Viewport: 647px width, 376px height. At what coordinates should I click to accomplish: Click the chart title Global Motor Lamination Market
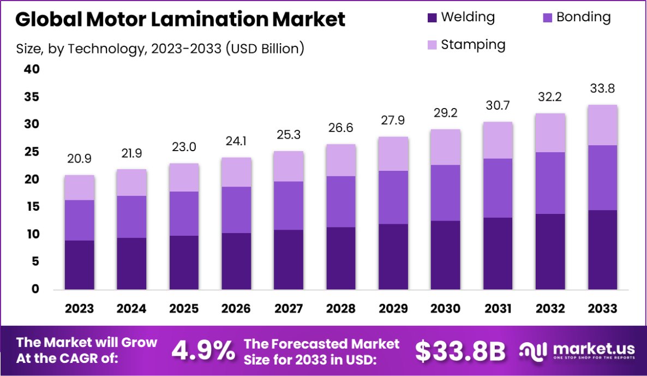pyautogui.click(x=180, y=20)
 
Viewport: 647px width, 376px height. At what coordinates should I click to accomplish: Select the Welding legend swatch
pyautogui.click(x=433, y=18)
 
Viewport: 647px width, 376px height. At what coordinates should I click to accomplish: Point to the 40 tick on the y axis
pyautogui.click(x=32, y=69)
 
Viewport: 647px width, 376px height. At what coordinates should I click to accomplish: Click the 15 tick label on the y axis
pyautogui.click(x=32, y=207)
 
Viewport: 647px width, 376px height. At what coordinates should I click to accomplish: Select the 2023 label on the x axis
pyautogui.click(x=79, y=309)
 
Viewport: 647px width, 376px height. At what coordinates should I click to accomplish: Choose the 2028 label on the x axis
pyautogui.click(x=340, y=309)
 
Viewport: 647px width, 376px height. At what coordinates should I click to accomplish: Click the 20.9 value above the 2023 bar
pyautogui.click(x=79, y=159)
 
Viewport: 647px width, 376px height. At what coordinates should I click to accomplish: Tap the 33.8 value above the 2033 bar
pyautogui.click(x=602, y=88)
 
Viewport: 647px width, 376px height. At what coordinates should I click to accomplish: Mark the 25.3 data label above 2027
pyautogui.click(x=288, y=135)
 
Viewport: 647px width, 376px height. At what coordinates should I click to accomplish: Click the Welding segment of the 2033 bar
pyautogui.click(x=602, y=249)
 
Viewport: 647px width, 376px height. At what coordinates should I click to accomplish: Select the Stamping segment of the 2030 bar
pyautogui.click(x=446, y=147)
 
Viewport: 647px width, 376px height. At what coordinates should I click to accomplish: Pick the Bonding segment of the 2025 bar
pyautogui.click(x=184, y=213)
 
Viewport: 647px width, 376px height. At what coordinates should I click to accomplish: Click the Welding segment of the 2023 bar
pyautogui.click(x=79, y=265)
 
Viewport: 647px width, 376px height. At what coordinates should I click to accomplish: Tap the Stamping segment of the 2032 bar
pyautogui.click(x=550, y=133)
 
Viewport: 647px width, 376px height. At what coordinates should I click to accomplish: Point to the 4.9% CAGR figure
pyautogui.click(x=203, y=351)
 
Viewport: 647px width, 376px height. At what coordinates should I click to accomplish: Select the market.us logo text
pyautogui.click(x=586, y=349)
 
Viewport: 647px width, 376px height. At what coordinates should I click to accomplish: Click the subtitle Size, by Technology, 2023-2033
pyautogui.click(x=160, y=48)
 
